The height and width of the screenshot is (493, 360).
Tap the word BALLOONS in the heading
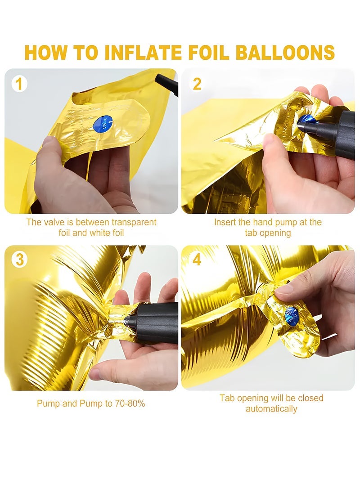[284, 52]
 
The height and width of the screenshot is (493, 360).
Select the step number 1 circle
[19, 84]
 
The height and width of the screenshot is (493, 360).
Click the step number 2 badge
[197, 84]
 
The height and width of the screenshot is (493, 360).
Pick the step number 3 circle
[19, 260]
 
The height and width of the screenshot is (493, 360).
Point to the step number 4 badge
[197, 260]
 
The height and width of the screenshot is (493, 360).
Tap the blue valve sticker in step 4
[292, 316]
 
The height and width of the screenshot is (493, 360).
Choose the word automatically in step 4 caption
[271, 409]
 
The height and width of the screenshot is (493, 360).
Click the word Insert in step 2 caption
[225, 222]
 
